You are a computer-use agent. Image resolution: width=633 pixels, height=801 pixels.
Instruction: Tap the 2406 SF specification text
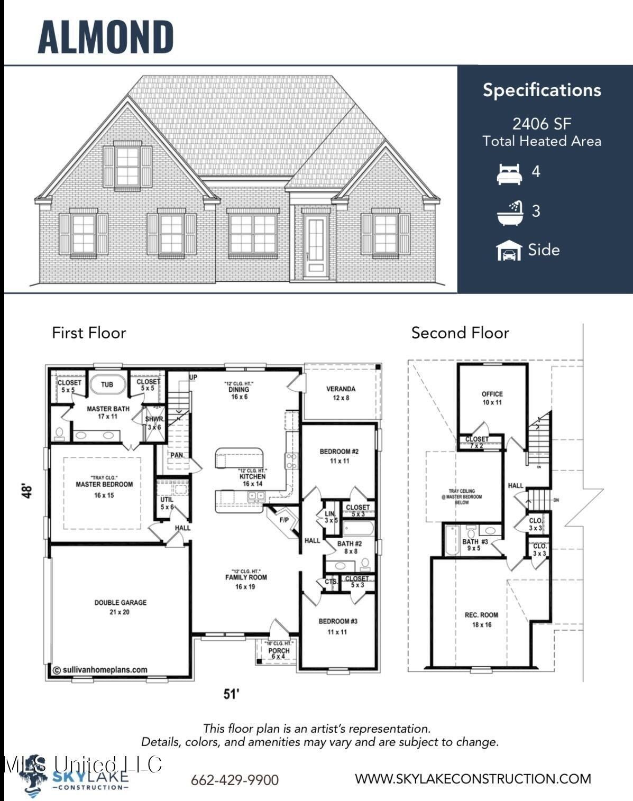click(x=542, y=124)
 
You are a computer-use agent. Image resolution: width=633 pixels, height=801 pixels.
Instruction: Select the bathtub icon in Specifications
click(x=510, y=212)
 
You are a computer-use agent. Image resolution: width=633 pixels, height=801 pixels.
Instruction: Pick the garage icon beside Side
click(x=509, y=251)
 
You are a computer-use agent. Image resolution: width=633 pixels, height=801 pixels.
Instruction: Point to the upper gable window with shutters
click(x=127, y=166)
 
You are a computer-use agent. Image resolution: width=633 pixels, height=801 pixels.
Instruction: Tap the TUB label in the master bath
click(x=107, y=384)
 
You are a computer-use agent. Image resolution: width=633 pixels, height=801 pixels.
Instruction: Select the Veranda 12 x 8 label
click(x=341, y=393)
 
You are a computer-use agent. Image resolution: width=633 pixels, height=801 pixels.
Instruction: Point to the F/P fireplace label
click(x=285, y=520)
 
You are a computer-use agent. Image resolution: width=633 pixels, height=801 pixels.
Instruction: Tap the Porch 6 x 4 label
click(x=279, y=653)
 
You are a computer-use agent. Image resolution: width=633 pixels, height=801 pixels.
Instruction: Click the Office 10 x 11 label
click(x=492, y=398)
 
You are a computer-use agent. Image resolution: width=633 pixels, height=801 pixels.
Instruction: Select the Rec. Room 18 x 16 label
click(x=481, y=619)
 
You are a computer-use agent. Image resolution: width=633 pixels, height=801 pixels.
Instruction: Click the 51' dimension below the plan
click(x=232, y=694)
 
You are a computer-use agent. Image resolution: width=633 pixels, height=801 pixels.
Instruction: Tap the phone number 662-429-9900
click(x=234, y=780)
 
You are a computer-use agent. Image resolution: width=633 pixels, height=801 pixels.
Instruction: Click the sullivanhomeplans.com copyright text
click(x=100, y=669)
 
